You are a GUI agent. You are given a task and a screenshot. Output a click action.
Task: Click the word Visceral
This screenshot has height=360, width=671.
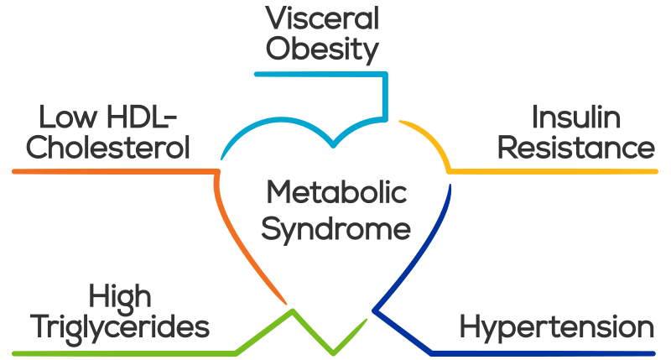(322, 18)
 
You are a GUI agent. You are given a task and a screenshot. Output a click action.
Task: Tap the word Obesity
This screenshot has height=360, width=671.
(322, 50)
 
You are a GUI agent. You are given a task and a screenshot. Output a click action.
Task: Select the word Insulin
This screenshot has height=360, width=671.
(576, 117)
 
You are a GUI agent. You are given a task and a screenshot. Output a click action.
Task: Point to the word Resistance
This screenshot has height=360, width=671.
(576, 148)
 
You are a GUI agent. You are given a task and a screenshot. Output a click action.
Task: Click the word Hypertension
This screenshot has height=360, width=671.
(557, 327)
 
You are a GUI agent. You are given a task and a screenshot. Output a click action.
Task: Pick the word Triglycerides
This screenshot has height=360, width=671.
(120, 327)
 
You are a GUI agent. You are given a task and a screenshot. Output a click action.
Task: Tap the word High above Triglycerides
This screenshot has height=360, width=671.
(120, 297)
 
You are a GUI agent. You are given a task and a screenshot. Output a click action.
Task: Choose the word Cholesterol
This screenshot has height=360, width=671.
(108, 148)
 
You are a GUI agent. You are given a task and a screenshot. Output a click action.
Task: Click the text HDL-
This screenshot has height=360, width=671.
(142, 117)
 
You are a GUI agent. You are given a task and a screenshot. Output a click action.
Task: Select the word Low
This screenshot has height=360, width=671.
(68, 117)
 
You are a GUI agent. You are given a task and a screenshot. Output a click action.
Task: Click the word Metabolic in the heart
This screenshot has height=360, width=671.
(336, 192)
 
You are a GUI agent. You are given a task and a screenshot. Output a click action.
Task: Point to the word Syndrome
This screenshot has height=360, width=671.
(336, 230)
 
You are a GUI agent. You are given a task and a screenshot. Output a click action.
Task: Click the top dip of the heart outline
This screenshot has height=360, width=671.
(333, 145)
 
